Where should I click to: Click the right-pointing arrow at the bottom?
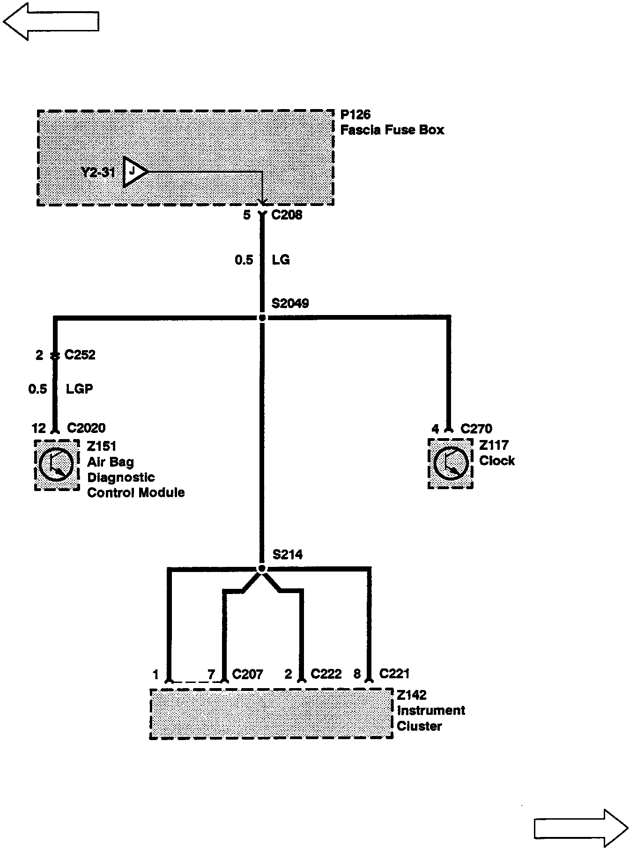tap(581, 828)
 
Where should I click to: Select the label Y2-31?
tap(98, 172)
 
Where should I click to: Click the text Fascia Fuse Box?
tap(392, 130)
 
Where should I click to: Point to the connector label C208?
tap(287, 215)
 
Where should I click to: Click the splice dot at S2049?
tap(262, 318)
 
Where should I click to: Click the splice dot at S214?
tap(262, 569)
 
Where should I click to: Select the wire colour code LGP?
tap(79, 389)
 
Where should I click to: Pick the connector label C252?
tap(80, 355)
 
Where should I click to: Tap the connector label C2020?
tap(86, 428)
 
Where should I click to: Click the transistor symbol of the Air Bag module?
tap(57, 465)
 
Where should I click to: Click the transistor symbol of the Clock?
tap(451, 463)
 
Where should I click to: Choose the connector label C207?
tap(247, 674)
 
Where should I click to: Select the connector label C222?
tap(326, 674)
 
